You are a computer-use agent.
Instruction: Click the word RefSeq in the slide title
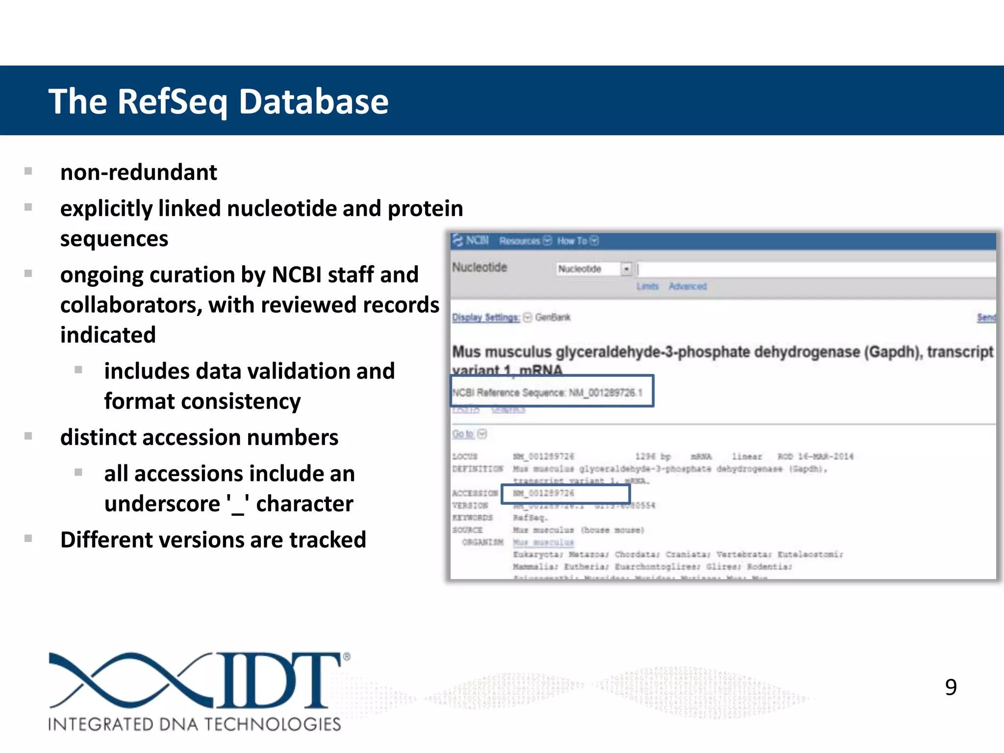point(172,102)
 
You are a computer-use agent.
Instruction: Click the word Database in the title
point(314,102)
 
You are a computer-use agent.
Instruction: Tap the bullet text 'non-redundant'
point(139,173)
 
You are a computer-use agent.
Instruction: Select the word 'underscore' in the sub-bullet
point(162,504)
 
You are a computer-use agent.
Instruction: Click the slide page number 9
point(951,687)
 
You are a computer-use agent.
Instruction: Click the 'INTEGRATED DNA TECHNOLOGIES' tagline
point(194,724)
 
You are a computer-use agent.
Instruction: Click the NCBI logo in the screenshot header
point(471,241)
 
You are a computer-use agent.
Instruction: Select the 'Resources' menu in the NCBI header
point(520,241)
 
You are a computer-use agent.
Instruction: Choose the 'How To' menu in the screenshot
point(572,241)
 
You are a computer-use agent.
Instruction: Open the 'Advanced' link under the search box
point(687,286)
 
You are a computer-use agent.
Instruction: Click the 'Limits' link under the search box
point(647,286)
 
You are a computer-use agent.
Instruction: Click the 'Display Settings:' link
point(485,318)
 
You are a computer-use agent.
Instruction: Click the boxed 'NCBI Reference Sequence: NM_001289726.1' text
point(547,392)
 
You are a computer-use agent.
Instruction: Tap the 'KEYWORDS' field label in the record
point(473,518)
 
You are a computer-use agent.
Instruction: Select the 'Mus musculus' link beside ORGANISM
point(543,542)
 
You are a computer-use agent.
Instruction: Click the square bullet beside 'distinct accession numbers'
point(28,436)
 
